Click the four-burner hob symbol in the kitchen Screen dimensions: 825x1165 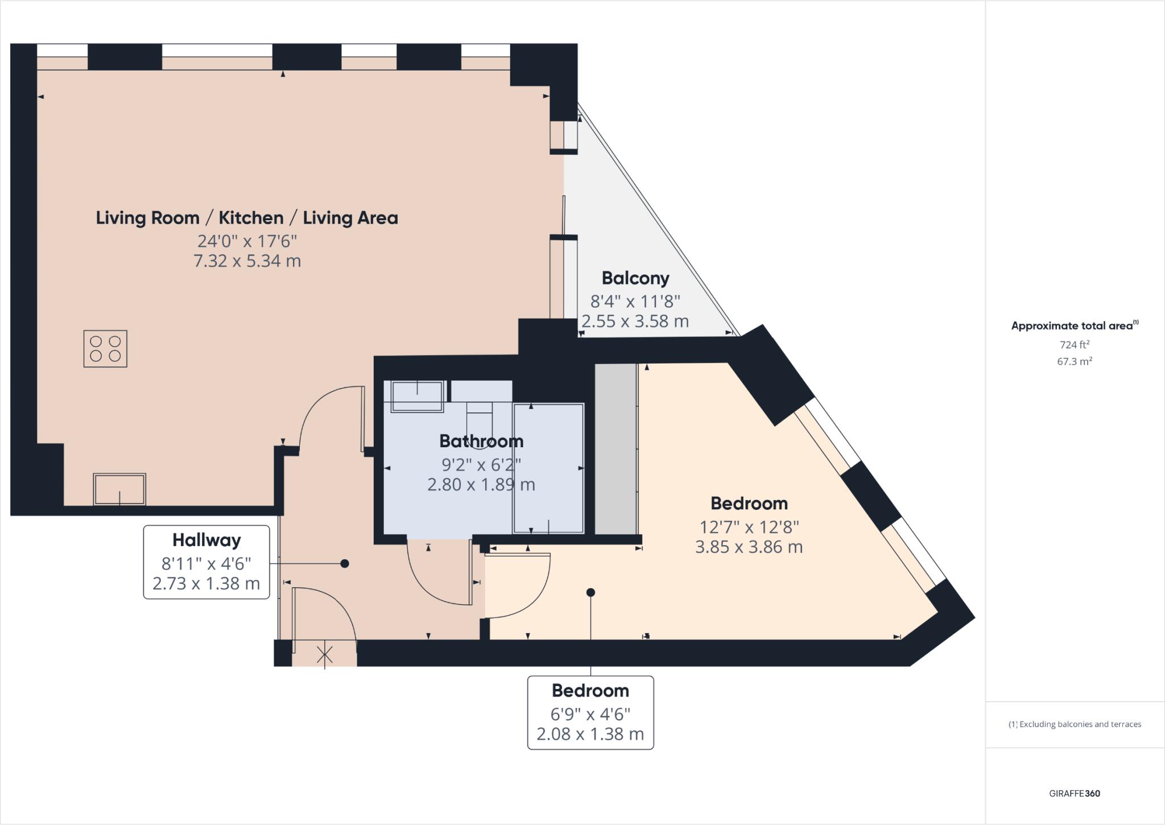pyautogui.click(x=105, y=348)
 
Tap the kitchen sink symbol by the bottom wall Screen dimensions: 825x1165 pyautogui.click(x=119, y=489)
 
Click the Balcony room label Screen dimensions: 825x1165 pyautogui.click(x=635, y=278)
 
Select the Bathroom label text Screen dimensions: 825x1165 pyautogui.click(x=481, y=441)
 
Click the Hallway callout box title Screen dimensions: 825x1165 pyautogui.click(x=206, y=539)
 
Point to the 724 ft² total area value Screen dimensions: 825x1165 pyautogui.click(x=1075, y=344)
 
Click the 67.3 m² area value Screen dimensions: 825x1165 pyautogui.click(x=1075, y=361)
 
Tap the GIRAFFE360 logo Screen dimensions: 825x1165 pyautogui.click(x=1075, y=793)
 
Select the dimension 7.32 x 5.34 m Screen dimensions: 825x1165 pyautogui.click(x=247, y=261)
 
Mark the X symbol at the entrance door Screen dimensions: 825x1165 pyautogui.click(x=325, y=655)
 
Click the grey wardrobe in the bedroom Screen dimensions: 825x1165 pyautogui.click(x=615, y=449)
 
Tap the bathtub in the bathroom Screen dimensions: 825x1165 pyautogui.click(x=548, y=468)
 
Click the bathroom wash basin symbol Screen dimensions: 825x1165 pyautogui.click(x=417, y=396)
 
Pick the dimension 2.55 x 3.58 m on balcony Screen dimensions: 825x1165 pyautogui.click(x=635, y=321)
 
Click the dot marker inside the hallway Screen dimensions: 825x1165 pyautogui.click(x=344, y=563)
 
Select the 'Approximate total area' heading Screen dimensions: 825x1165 pyautogui.click(x=1074, y=326)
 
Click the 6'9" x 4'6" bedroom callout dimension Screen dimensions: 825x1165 pyautogui.click(x=590, y=713)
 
